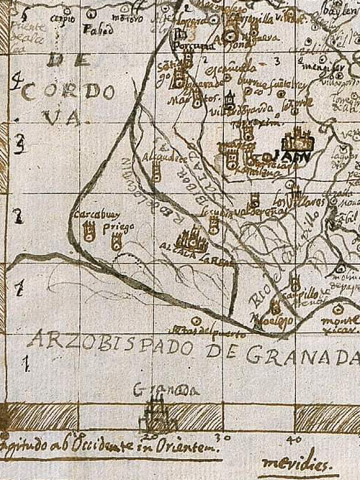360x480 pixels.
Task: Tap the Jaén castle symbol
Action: (294, 139)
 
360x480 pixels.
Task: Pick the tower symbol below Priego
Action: (116, 243)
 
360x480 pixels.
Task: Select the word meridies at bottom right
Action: (289, 463)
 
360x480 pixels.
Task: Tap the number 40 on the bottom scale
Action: (293, 439)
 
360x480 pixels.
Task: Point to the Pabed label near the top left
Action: (93, 30)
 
